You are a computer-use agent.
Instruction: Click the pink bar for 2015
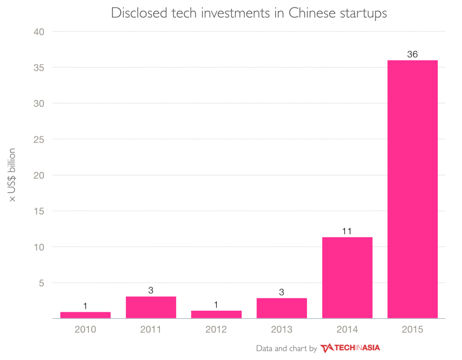click(x=412, y=189)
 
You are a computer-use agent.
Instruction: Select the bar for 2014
click(x=347, y=278)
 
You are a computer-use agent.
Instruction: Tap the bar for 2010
click(x=85, y=315)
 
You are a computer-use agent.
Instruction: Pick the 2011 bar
click(x=151, y=308)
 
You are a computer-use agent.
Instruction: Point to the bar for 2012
click(x=216, y=315)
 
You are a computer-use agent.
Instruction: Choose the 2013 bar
click(x=282, y=308)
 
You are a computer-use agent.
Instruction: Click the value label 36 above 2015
click(x=412, y=55)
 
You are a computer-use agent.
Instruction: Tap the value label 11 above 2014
click(x=347, y=231)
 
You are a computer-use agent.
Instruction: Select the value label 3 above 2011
click(x=151, y=290)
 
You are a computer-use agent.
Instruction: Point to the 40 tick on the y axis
click(x=40, y=32)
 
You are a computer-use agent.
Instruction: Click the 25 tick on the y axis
click(x=40, y=140)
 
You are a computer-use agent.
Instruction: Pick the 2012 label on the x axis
click(x=216, y=330)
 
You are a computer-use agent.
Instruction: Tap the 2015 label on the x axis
click(x=412, y=330)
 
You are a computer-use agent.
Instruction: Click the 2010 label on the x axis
click(x=85, y=330)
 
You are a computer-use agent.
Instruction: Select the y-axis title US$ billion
click(x=12, y=175)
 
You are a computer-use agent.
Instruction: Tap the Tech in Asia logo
click(x=350, y=348)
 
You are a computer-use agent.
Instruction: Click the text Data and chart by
click(x=286, y=349)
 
